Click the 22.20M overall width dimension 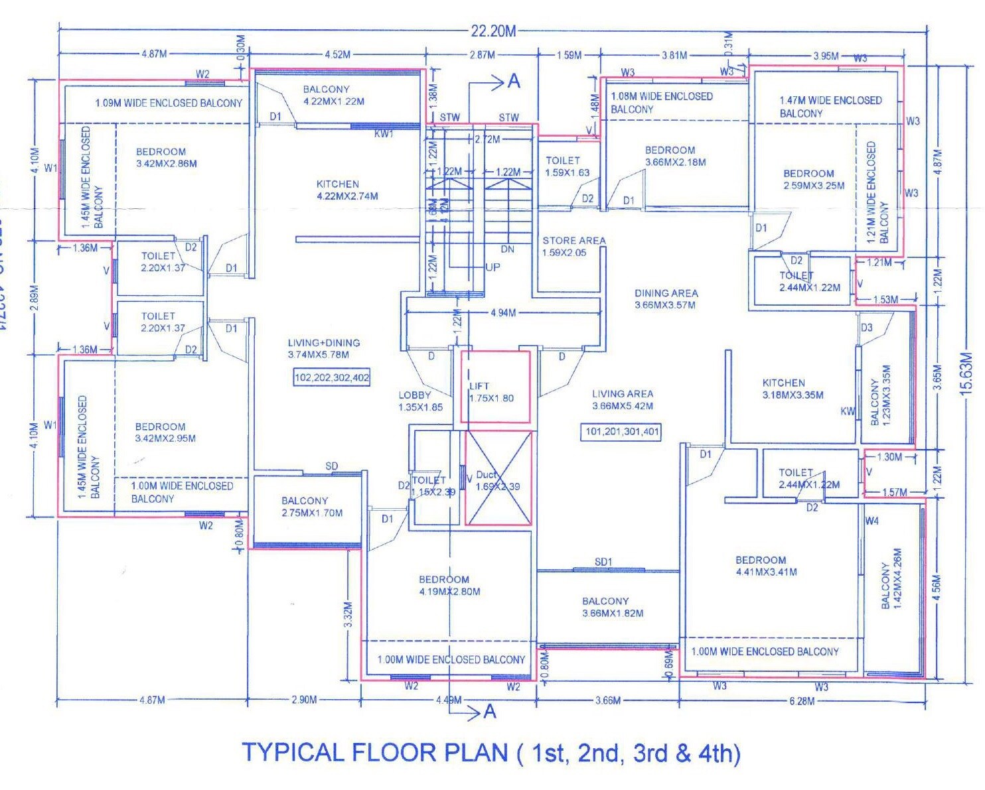coord(493,31)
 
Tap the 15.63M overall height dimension coord(966,374)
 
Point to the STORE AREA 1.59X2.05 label coord(573,246)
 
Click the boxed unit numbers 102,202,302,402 coord(332,377)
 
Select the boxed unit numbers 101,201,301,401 coord(622,432)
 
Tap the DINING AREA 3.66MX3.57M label coord(666,298)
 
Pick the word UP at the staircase coord(493,267)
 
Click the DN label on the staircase coord(507,249)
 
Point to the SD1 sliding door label coord(603,562)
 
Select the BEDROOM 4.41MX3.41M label coord(765,566)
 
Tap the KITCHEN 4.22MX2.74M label coord(346,190)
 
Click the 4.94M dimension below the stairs coord(502,312)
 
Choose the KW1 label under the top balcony coord(384,134)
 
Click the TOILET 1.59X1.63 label coord(566,166)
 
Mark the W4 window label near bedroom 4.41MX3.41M coord(871,521)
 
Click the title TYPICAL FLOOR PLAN coord(491,753)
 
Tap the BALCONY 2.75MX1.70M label coord(311,507)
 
